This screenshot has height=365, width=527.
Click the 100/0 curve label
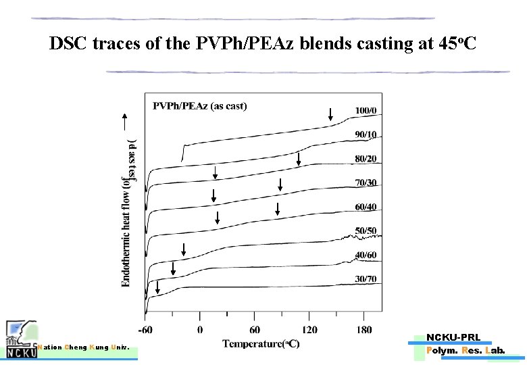tap(366, 110)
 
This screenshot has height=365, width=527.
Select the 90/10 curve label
tap(366, 135)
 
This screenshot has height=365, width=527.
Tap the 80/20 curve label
tap(366, 159)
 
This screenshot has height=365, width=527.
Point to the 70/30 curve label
tap(366, 182)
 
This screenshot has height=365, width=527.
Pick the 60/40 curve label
tap(366, 207)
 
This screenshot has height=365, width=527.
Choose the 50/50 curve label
tap(366, 231)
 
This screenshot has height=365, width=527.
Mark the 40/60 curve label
tap(366, 255)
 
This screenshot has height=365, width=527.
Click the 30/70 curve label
tap(366, 279)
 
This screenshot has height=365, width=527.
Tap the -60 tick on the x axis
tap(145, 330)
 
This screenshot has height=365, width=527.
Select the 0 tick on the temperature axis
tap(200, 330)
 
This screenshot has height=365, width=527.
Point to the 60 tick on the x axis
tap(254, 330)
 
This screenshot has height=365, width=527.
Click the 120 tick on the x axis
tap(309, 330)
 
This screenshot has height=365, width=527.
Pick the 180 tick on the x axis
tap(363, 330)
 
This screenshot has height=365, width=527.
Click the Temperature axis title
tap(261, 344)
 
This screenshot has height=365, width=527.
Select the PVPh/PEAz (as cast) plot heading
tap(200, 105)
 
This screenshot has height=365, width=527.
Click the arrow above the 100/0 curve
tap(330, 114)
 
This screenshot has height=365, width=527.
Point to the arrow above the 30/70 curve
tap(157, 287)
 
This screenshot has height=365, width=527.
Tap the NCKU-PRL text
tap(453, 337)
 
